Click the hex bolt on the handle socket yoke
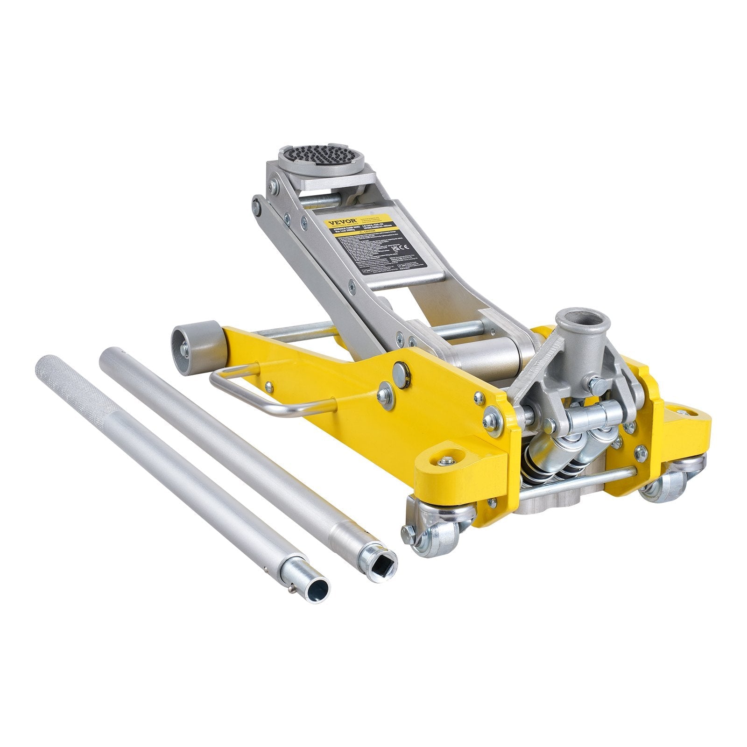point(598,385)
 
